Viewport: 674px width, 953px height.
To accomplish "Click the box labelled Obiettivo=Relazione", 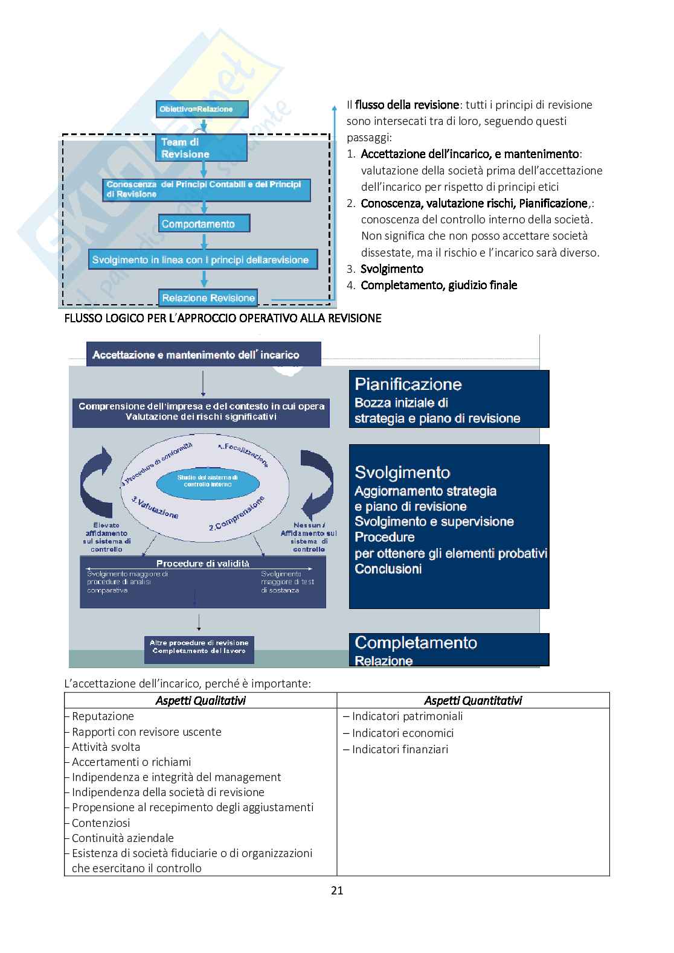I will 202,109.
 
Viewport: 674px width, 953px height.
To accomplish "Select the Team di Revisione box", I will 204,148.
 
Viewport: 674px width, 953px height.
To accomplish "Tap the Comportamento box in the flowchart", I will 204,224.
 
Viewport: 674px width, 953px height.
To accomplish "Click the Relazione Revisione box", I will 208,298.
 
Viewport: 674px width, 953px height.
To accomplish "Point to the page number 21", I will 337,890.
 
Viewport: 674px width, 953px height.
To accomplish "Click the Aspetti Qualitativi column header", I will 201,700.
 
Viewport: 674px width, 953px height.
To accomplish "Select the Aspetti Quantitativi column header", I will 473,700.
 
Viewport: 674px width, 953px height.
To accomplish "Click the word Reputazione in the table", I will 103,716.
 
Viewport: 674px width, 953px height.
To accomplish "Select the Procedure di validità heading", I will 203,564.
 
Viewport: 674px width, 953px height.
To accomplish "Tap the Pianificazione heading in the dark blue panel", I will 408,384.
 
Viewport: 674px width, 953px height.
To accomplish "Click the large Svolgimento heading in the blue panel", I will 403,473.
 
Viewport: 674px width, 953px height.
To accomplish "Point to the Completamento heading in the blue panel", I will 416,643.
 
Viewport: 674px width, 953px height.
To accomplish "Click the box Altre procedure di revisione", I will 199,646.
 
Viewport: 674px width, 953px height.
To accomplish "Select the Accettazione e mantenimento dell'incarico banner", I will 204,354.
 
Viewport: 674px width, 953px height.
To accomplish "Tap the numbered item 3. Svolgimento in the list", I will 391,269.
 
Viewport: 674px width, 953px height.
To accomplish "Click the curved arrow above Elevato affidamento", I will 100,482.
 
